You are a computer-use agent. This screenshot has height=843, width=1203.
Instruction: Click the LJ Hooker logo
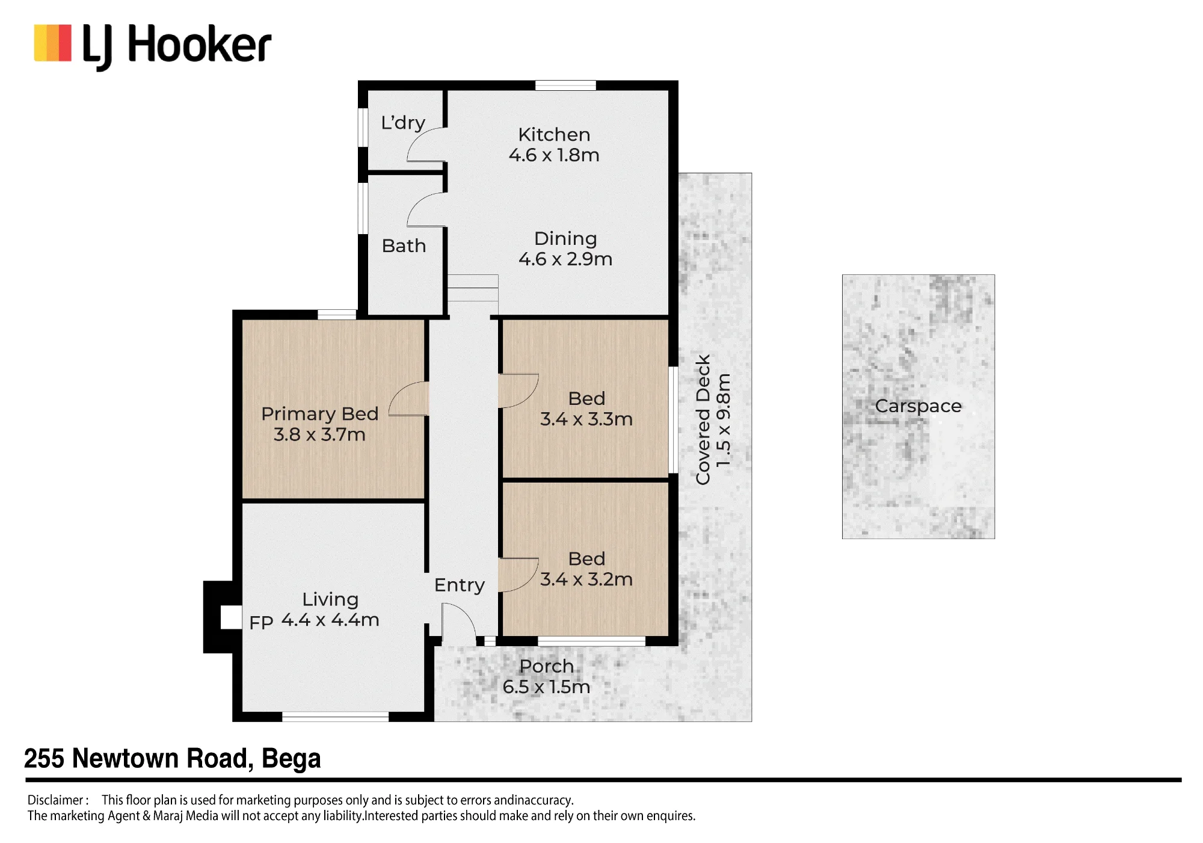[153, 47]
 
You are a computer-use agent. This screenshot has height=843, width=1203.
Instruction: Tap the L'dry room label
[403, 123]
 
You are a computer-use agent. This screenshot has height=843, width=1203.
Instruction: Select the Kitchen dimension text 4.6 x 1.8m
[554, 155]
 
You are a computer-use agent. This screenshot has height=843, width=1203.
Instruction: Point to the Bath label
[404, 245]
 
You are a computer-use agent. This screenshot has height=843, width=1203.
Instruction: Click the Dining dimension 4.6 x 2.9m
[565, 259]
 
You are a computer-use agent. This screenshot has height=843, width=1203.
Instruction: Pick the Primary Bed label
[320, 414]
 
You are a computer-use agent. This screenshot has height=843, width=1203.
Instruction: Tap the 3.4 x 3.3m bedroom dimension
[586, 419]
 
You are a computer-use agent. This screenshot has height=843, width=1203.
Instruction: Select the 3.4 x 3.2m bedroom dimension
[586, 579]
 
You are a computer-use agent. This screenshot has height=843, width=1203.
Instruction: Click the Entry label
[460, 585]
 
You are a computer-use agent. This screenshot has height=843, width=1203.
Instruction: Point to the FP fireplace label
[261, 623]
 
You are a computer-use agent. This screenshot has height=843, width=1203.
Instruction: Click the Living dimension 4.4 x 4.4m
[330, 620]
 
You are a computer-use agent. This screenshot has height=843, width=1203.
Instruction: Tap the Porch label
[547, 666]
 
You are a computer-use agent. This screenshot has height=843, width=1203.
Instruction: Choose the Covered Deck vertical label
[703, 419]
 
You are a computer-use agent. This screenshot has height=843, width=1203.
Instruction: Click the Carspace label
[918, 407]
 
